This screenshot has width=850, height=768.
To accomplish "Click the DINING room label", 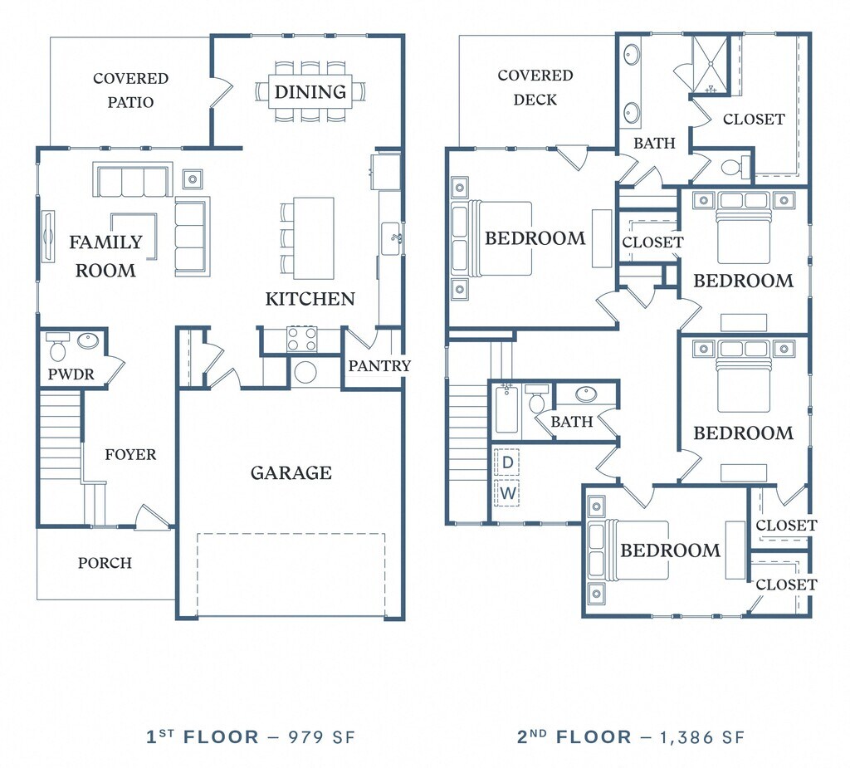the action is coord(310,91).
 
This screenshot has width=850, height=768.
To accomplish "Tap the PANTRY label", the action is coord(379,366).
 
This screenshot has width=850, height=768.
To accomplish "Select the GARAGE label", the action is coord(291,473).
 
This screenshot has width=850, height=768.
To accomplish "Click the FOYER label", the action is coord(130,454).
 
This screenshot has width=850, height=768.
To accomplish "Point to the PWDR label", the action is coord(71,374).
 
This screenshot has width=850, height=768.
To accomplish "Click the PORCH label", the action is coord(105,563).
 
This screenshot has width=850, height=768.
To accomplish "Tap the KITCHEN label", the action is coord(310,299).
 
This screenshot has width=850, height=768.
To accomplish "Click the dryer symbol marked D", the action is coord(507,462).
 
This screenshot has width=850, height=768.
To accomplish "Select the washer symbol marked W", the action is coord(507,493).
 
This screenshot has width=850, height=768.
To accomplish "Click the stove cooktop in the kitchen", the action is coord(302,339).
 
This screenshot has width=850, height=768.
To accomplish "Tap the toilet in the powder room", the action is coord(56,346).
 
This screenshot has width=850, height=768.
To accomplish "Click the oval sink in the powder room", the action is coord(88,340).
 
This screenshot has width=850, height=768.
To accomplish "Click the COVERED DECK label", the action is coord(535,87).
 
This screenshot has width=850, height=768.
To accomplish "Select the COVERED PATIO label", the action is coord(130,90).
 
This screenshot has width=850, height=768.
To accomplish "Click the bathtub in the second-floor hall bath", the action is coord(507,409).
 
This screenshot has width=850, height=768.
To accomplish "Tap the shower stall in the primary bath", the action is coord(709,65).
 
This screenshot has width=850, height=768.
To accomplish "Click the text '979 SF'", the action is coord(321,737).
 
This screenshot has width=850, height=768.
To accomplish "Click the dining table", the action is coord(310,91).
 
